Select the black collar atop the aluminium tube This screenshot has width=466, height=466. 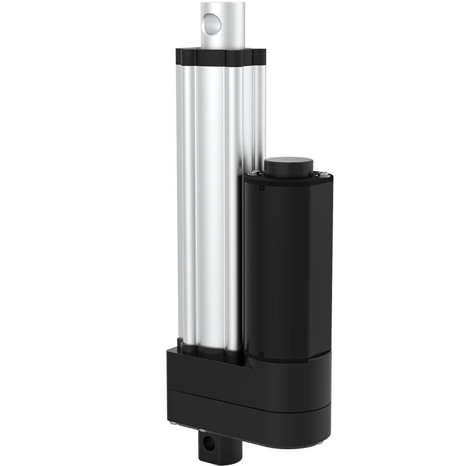[220, 57]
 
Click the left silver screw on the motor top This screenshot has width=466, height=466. [255, 171]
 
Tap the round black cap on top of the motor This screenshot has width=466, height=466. [289, 165]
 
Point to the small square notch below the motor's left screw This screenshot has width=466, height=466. [263, 188]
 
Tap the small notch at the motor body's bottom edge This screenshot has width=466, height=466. [262, 353]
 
